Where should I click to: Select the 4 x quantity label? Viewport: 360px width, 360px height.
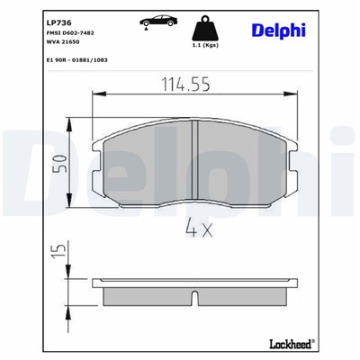(196, 230)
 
